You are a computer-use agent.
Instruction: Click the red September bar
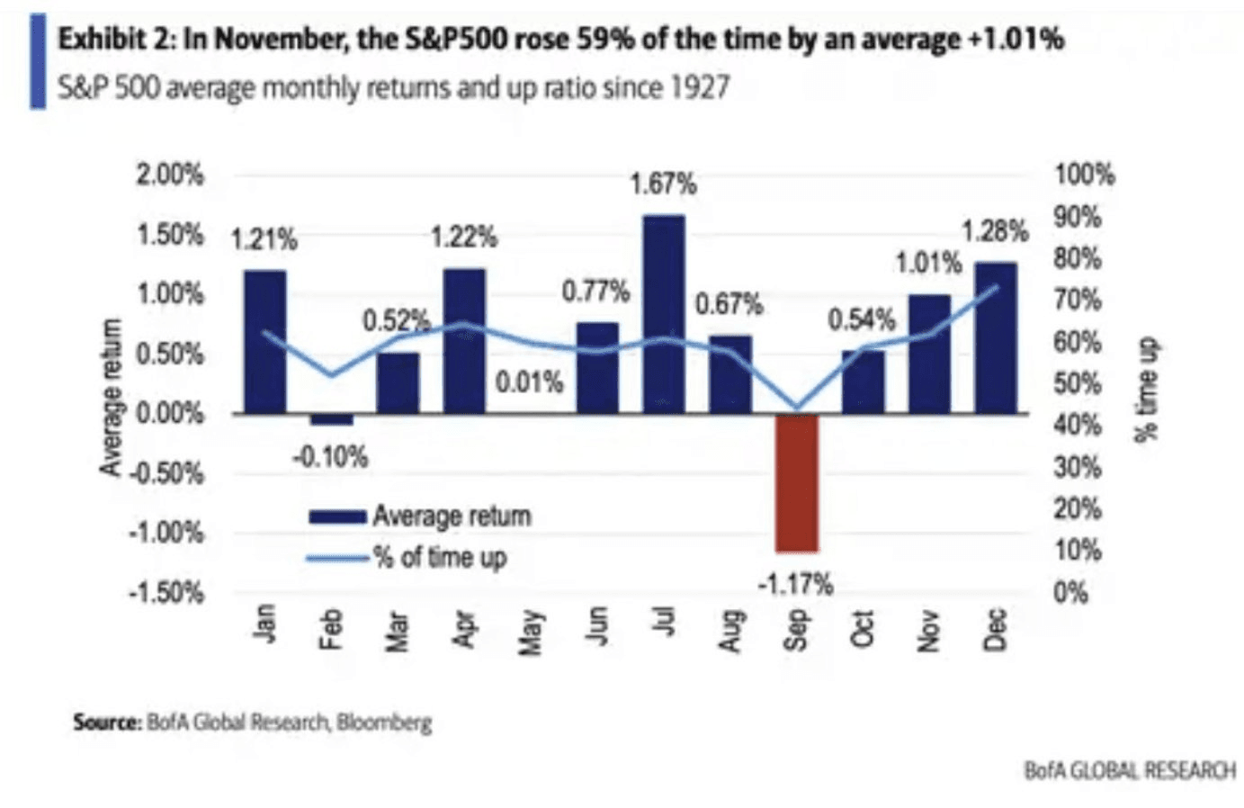(797, 482)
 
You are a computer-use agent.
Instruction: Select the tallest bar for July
(664, 314)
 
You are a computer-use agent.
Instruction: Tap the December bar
(996, 337)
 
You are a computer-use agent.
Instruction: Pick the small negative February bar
(332, 419)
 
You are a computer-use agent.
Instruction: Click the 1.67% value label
(663, 184)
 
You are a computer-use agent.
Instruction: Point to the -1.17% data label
(795, 585)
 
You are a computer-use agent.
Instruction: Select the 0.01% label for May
(530, 382)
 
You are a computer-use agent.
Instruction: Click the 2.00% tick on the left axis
(170, 175)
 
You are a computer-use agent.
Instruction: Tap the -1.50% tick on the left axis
(167, 593)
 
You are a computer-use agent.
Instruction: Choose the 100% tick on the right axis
(1085, 175)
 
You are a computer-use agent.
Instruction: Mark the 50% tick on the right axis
(1078, 384)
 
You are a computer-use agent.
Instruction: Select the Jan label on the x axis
(264, 624)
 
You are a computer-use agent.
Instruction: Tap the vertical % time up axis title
(1146, 389)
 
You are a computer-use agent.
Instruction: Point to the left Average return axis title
(112, 397)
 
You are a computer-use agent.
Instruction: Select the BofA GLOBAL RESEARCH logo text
(1130, 770)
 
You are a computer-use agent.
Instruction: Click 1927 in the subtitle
(698, 88)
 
